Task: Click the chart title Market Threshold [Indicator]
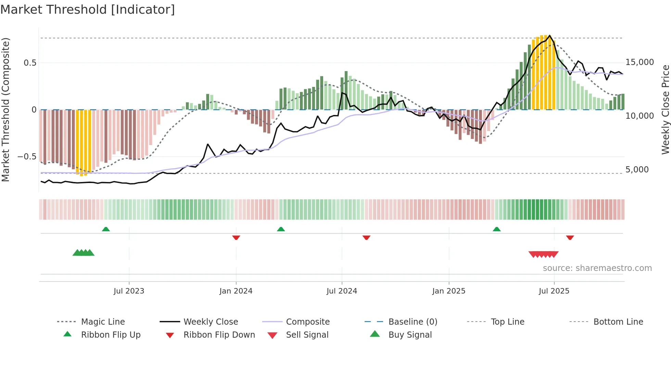pyautogui.click(x=88, y=10)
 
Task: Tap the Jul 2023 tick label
pyautogui.click(x=129, y=291)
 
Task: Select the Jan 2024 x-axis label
pyautogui.click(x=236, y=291)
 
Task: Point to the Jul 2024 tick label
pyautogui.click(x=342, y=291)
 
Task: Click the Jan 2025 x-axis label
pyautogui.click(x=449, y=291)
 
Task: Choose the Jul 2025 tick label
pyautogui.click(x=554, y=291)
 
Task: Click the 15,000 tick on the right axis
pyautogui.click(x=640, y=62)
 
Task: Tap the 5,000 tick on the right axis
pyautogui.click(x=637, y=170)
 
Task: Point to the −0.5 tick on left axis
pyautogui.click(x=27, y=157)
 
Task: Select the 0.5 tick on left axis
pyautogui.click(x=30, y=63)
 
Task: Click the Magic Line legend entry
pyautogui.click(x=103, y=322)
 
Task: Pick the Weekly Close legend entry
pyautogui.click(x=211, y=322)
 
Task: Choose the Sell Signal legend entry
pyautogui.click(x=307, y=335)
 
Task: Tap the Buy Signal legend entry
pyautogui.click(x=410, y=335)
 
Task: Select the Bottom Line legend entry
pyautogui.click(x=618, y=322)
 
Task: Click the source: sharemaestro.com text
pyautogui.click(x=597, y=268)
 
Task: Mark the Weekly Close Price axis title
pyautogui.click(x=665, y=109)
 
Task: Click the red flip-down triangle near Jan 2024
pyautogui.click(x=236, y=237)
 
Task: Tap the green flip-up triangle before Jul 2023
pyautogui.click(x=106, y=229)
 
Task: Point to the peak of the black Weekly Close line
pyautogui.click(x=550, y=36)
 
